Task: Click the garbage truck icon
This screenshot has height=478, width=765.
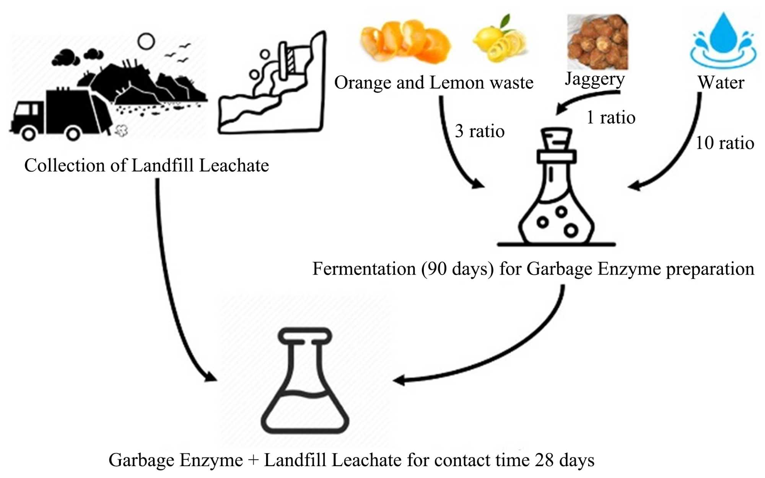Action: pyautogui.click(x=57, y=113)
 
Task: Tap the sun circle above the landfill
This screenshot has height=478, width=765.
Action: pyautogui.click(x=146, y=41)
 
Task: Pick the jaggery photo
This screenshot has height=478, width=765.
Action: pyautogui.click(x=597, y=42)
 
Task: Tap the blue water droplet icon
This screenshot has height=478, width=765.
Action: pyautogui.click(x=723, y=40)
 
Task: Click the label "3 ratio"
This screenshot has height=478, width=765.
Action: pyautogui.click(x=480, y=132)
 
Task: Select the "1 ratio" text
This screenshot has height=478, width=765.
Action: pyautogui.click(x=611, y=118)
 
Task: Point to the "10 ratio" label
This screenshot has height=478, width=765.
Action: pyautogui.click(x=724, y=143)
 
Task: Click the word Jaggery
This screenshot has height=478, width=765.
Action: pyautogui.click(x=595, y=80)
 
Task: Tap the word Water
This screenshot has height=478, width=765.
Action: pyautogui.click(x=721, y=83)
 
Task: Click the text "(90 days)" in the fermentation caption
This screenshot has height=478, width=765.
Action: pyautogui.click(x=457, y=269)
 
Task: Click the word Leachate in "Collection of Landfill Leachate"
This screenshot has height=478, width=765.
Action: pyautogui.click(x=234, y=166)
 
